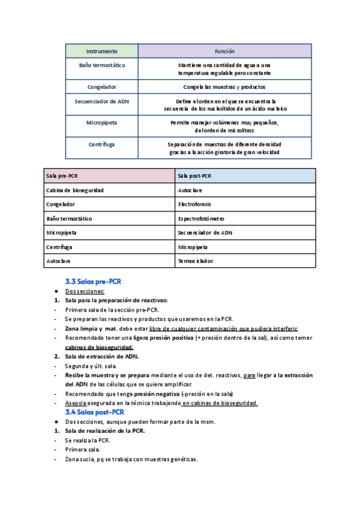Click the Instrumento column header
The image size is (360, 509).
pyautogui.click(x=101, y=52)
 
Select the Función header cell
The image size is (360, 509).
pyautogui.click(x=224, y=52)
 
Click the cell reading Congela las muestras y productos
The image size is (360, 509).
pyautogui.click(x=224, y=87)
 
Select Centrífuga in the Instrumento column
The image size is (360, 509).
pyautogui.click(x=101, y=144)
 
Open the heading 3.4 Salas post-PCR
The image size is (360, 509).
pyautogui.click(x=95, y=412)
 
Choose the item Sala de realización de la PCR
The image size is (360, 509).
pyautogui.click(x=104, y=431)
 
